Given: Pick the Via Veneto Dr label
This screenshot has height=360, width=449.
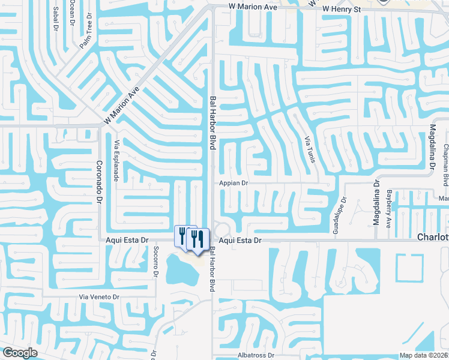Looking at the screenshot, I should (100, 297).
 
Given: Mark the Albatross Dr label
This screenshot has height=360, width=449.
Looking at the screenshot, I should (256, 355).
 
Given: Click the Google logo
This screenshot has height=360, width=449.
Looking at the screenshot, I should (20, 353).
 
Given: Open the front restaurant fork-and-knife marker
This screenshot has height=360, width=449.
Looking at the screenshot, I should (197, 238).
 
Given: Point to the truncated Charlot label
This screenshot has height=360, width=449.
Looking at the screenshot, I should (433, 238).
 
